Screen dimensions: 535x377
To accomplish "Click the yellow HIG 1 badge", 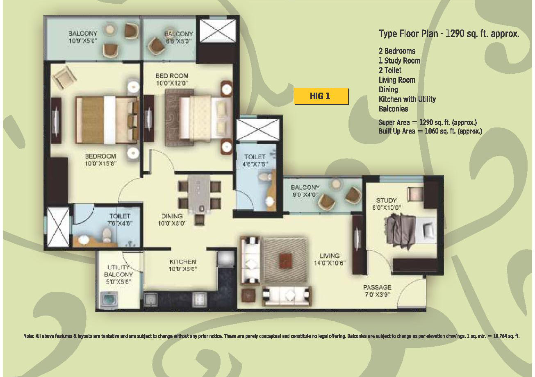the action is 321,96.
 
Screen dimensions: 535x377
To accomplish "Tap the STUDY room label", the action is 386,200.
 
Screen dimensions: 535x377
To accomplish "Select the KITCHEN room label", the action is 183,262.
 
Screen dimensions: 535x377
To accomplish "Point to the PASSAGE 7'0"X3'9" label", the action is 377,291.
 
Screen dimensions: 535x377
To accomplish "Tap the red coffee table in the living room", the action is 285,261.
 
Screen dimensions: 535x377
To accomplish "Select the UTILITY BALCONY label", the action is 118,271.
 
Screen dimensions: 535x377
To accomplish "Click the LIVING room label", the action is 330,256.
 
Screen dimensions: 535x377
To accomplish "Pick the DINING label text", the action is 172,216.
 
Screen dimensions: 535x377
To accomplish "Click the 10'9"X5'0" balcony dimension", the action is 83,41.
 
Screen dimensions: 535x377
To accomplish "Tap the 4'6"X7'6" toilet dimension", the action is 255,164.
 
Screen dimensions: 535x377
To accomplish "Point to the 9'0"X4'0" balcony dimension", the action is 305,195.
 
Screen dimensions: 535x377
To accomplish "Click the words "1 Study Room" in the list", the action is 399,61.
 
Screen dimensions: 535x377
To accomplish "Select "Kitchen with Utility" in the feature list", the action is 407,99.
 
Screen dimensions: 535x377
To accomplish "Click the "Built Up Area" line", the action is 430,131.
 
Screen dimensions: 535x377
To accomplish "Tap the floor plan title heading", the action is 449,34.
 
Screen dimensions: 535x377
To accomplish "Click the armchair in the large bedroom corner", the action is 64,77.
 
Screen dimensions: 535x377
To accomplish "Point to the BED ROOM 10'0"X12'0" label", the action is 172,79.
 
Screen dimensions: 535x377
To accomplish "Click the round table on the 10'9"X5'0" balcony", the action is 110,30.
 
